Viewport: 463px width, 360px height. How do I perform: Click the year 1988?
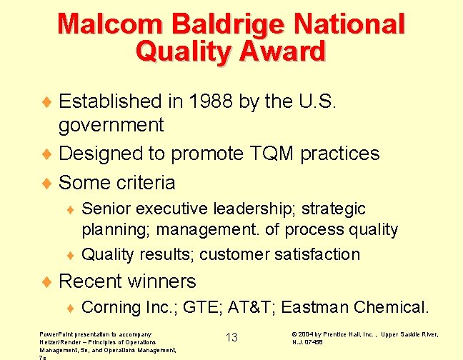(214, 101)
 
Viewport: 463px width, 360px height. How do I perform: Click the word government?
(111, 125)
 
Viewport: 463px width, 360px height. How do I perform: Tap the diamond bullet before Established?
(49, 101)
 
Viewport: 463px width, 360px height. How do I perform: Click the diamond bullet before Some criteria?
(49, 183)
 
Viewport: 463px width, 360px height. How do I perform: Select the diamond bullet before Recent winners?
(49, 281)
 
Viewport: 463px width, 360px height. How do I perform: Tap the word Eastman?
(314, 307)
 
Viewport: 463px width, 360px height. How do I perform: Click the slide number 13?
(231, 337)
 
